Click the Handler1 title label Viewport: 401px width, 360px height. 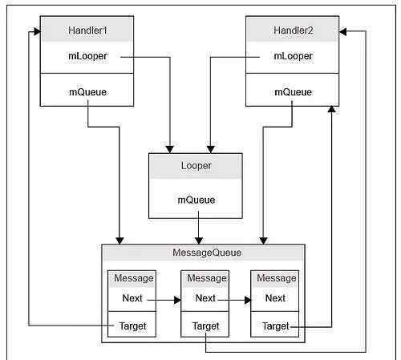pyautogui.click(x=87, y=30)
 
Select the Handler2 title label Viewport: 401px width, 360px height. pyautogui.click(x=293, y=30)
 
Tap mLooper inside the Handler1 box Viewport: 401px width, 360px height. pyautogui.click(x=87, y=56)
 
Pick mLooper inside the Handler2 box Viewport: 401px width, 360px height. pyautogui.click(x=293, y=56)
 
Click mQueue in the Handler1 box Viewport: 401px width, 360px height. pyautogui.click(x=87, y=92)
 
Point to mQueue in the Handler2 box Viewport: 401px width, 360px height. pyautogui.click(x=293, y=92)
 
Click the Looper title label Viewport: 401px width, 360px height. pyautogui.click(x=196, y=166)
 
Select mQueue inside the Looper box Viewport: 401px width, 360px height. pyautogui.click(x=196, y=200)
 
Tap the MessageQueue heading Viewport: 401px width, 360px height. pyautogui.click(x=207, y=253)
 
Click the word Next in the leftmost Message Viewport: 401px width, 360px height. pyautogui.click(x=132, y=298)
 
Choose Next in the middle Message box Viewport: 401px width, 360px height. pyautogui.click(x=205, y=298)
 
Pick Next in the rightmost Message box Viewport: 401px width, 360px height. pyautogui.click(x=275, y=298)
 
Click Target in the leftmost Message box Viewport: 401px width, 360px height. pyautogui.click(x=133, y=326)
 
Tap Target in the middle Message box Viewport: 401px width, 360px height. pyautogui.click(x=205, y=326)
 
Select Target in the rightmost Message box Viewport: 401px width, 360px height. pyautogui.click(x=276, y=326)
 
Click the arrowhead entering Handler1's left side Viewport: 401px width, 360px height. pyautogui.click(x=37, y=32)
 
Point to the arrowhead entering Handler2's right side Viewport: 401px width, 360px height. pyautogui.click(x=342, y=31)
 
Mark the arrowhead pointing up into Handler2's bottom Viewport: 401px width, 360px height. pyautogui.click(x=331, y=109)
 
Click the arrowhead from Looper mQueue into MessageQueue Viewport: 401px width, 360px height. pyautogui.click(x=199, y=241)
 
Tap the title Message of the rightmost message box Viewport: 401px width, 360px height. pyautogui.click(x=277, y=278)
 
